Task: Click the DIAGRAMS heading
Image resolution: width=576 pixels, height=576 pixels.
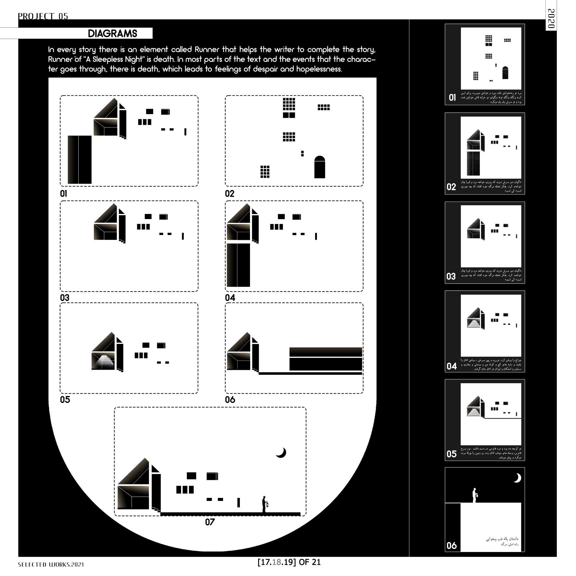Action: click(112, 33)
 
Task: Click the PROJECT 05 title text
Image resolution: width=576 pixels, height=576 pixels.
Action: click(43, 16)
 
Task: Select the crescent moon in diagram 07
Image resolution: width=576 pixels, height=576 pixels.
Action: click(281, 452)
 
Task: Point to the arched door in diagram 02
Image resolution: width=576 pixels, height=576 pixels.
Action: click(320, 167)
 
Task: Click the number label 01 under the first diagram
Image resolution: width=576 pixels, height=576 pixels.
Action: click(63, 194)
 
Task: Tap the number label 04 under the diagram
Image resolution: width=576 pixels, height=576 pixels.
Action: click(230, 298)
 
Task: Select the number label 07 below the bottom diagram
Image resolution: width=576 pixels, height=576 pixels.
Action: click(210, 522)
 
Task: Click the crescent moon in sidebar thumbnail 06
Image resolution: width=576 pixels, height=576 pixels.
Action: click(517, 478)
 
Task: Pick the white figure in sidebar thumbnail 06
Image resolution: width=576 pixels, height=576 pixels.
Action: click(475, 495)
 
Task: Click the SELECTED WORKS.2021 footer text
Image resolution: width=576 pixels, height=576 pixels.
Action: click(51, 565)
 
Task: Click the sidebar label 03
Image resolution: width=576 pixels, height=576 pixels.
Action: click(451, 277)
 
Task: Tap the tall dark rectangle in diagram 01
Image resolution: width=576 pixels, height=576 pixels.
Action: click(80, 160)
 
